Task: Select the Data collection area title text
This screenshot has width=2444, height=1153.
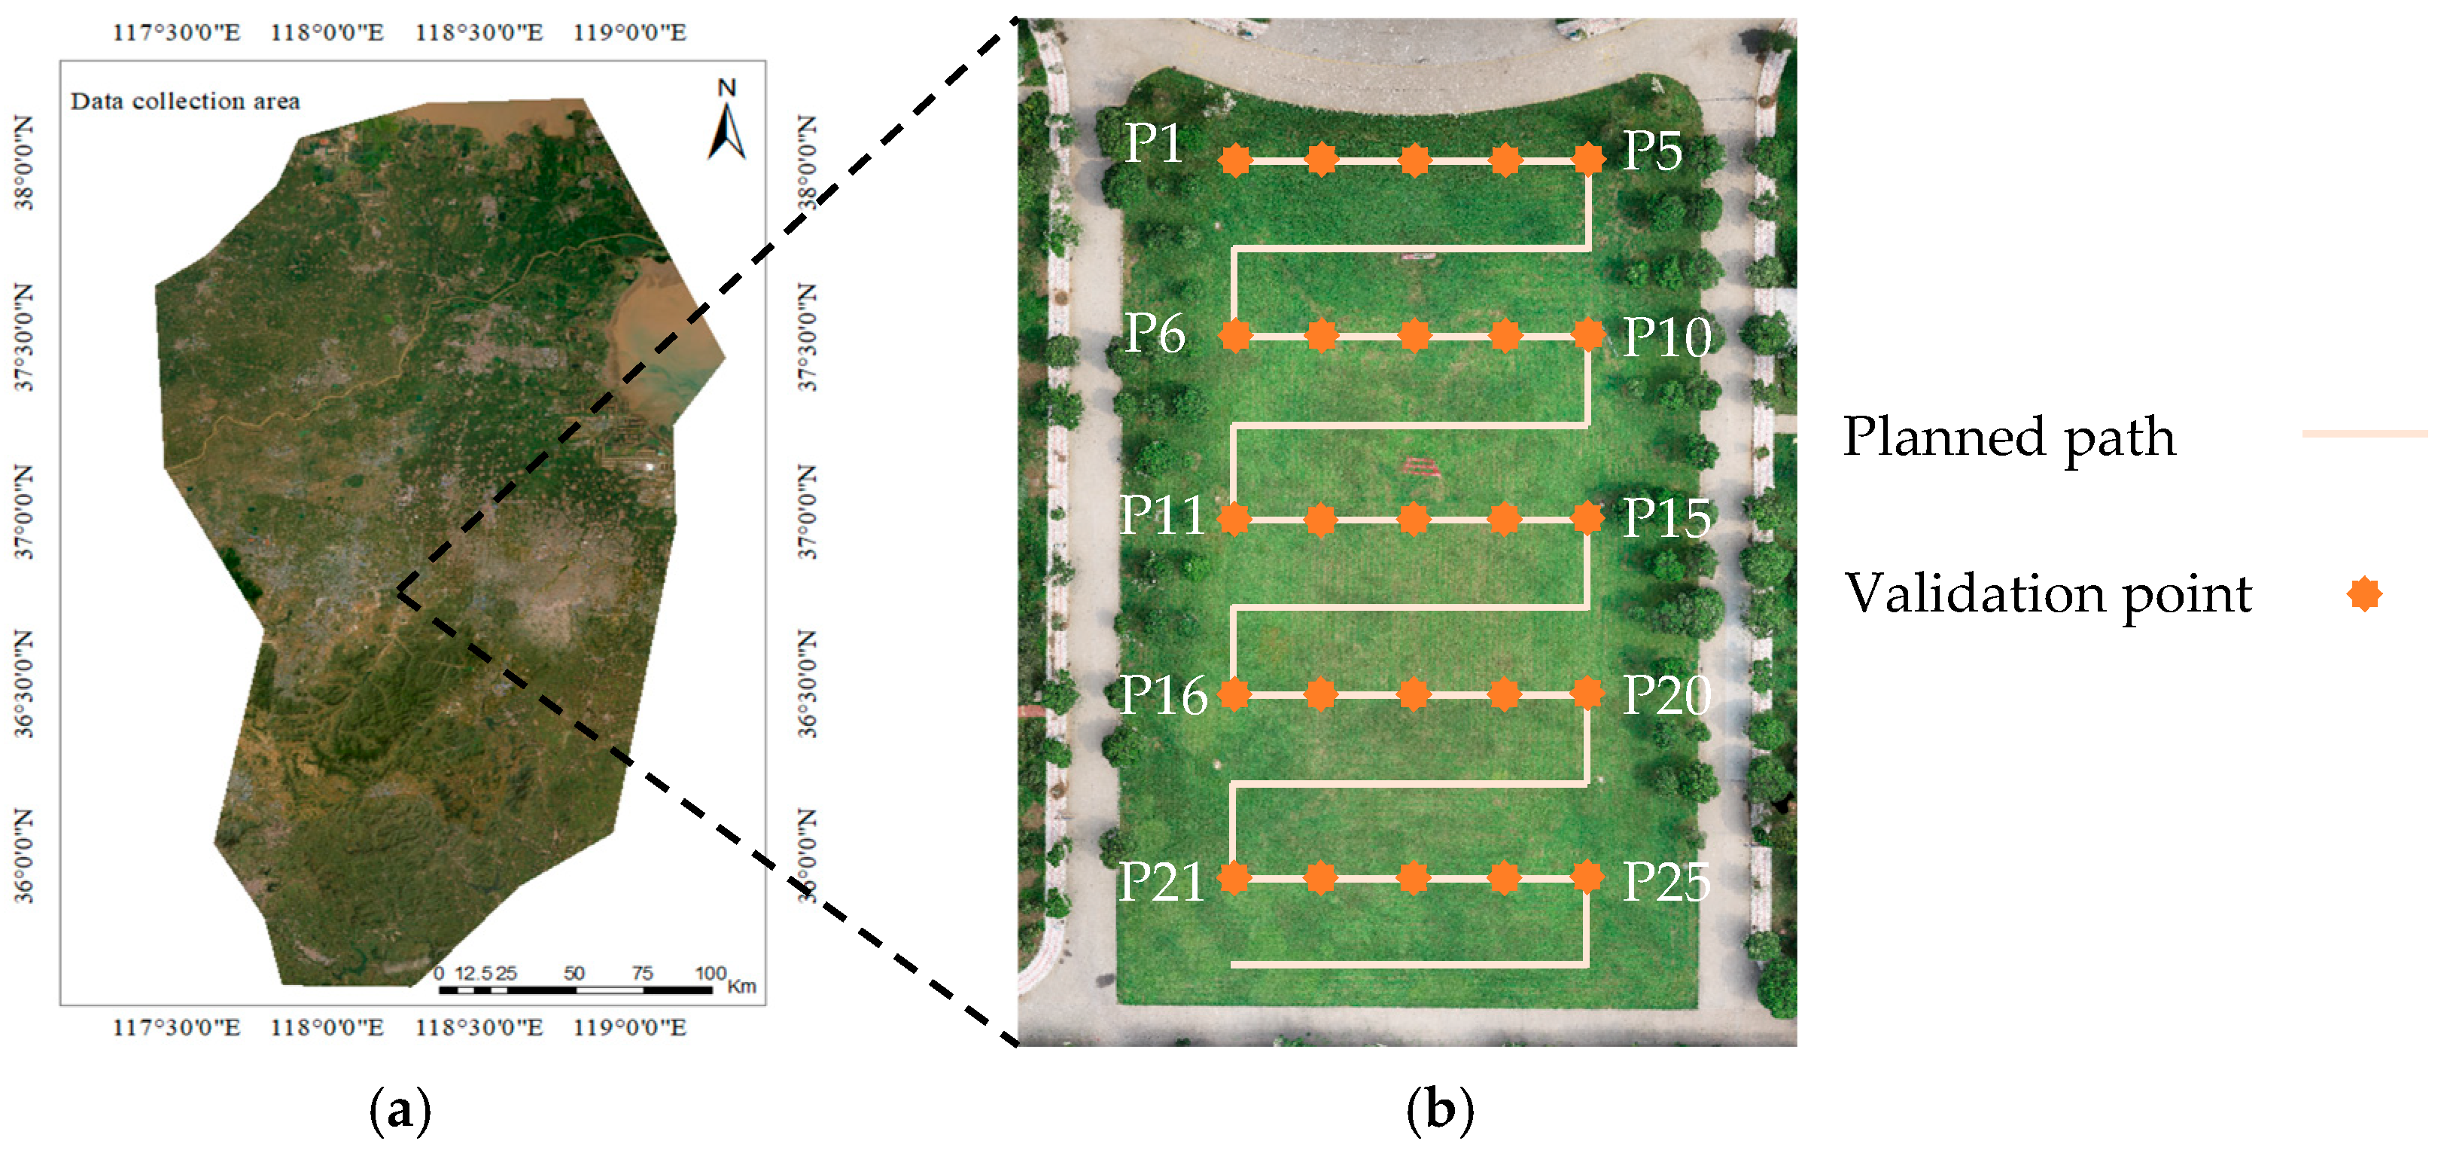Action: coord(185,101)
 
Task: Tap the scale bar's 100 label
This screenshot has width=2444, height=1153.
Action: coord(710,973)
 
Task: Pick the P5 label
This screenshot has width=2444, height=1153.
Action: coord(1651,150)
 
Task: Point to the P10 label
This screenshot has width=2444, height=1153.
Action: coord(1666,337)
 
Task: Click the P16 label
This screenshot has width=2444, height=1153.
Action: coord(1163,696)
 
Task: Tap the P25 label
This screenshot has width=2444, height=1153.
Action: coord(1666,883)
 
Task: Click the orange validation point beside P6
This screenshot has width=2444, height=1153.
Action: coord(1234,335)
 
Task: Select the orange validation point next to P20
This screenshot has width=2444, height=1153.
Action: coord(1587,694)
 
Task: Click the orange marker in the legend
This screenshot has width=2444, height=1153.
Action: coord(2364,595)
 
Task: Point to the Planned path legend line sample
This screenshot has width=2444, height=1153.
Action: coord(2363,435)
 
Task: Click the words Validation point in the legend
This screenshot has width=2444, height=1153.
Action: coord(2047,595)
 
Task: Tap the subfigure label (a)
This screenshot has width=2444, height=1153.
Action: coord(400,1110)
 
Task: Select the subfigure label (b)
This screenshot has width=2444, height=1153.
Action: coord(1439,1110)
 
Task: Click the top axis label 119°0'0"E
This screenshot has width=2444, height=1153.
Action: coord(629,33)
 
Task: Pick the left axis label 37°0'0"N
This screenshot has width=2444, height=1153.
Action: coord(23,511)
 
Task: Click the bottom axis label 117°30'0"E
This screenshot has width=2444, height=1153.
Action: coord(176,1028)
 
